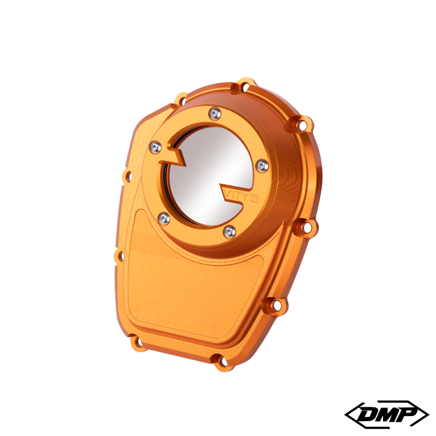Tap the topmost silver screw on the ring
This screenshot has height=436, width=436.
pyautogui.click(x=214, y=114)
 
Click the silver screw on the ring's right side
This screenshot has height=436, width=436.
pyautogui.click(x=262, y=165)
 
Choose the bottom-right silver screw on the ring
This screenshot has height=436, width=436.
pyautogui.click(x=230, y=231)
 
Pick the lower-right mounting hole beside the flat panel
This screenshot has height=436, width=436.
pyautogui.click(x=277, y=304)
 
